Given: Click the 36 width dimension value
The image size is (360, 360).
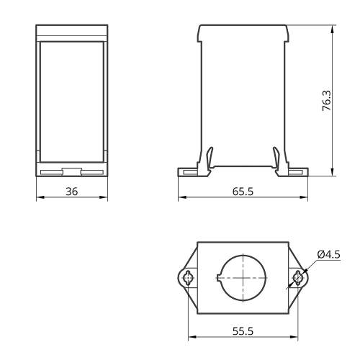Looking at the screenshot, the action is (72, 192).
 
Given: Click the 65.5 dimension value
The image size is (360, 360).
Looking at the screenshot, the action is (243, 192).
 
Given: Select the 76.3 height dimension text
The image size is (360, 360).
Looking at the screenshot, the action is (326, 100).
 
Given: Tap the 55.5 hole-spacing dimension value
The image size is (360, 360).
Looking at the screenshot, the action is (243, 331).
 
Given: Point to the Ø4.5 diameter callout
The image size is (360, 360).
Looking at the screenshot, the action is (328, 254).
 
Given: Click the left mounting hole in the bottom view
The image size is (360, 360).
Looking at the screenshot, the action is (188, 278).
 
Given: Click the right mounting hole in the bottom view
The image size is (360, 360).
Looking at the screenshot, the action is (298, 278).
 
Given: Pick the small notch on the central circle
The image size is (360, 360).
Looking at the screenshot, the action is (218, 278).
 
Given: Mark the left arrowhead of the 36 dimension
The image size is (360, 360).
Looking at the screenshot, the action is (40, 197).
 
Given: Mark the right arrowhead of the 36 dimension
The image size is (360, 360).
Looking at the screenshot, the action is (104, 197).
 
